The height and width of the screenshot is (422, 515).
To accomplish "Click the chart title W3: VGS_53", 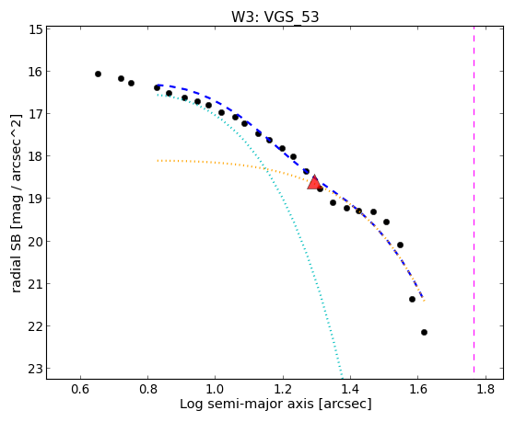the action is coord(275,17).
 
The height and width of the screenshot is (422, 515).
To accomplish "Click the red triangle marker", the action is coord(314,183).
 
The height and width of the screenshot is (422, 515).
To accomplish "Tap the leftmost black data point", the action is coord(98,74).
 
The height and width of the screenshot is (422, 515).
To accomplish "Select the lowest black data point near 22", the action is coord(424,332).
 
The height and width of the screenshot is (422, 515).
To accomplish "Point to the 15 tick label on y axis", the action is coord(36,29).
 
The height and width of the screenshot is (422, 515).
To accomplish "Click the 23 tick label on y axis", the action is coord(36,369).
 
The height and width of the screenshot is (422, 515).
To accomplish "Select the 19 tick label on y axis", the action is coord(36,199).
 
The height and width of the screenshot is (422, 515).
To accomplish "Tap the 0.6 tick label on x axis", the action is coord(80,389).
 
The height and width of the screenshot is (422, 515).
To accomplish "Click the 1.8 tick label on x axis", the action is coord(486,389).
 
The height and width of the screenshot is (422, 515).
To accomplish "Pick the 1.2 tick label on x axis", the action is coord(283,389).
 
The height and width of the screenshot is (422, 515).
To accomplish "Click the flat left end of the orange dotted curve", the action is coord(158,161).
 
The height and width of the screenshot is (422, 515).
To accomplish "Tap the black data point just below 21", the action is coord(412,299).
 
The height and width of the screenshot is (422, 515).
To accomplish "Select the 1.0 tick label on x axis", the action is coord(216,389).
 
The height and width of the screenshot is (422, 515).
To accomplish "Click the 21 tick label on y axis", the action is coord(36,283).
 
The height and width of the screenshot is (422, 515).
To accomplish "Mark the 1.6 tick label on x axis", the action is coord(417,389).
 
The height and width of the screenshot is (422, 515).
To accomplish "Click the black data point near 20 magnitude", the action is coord(400,245).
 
